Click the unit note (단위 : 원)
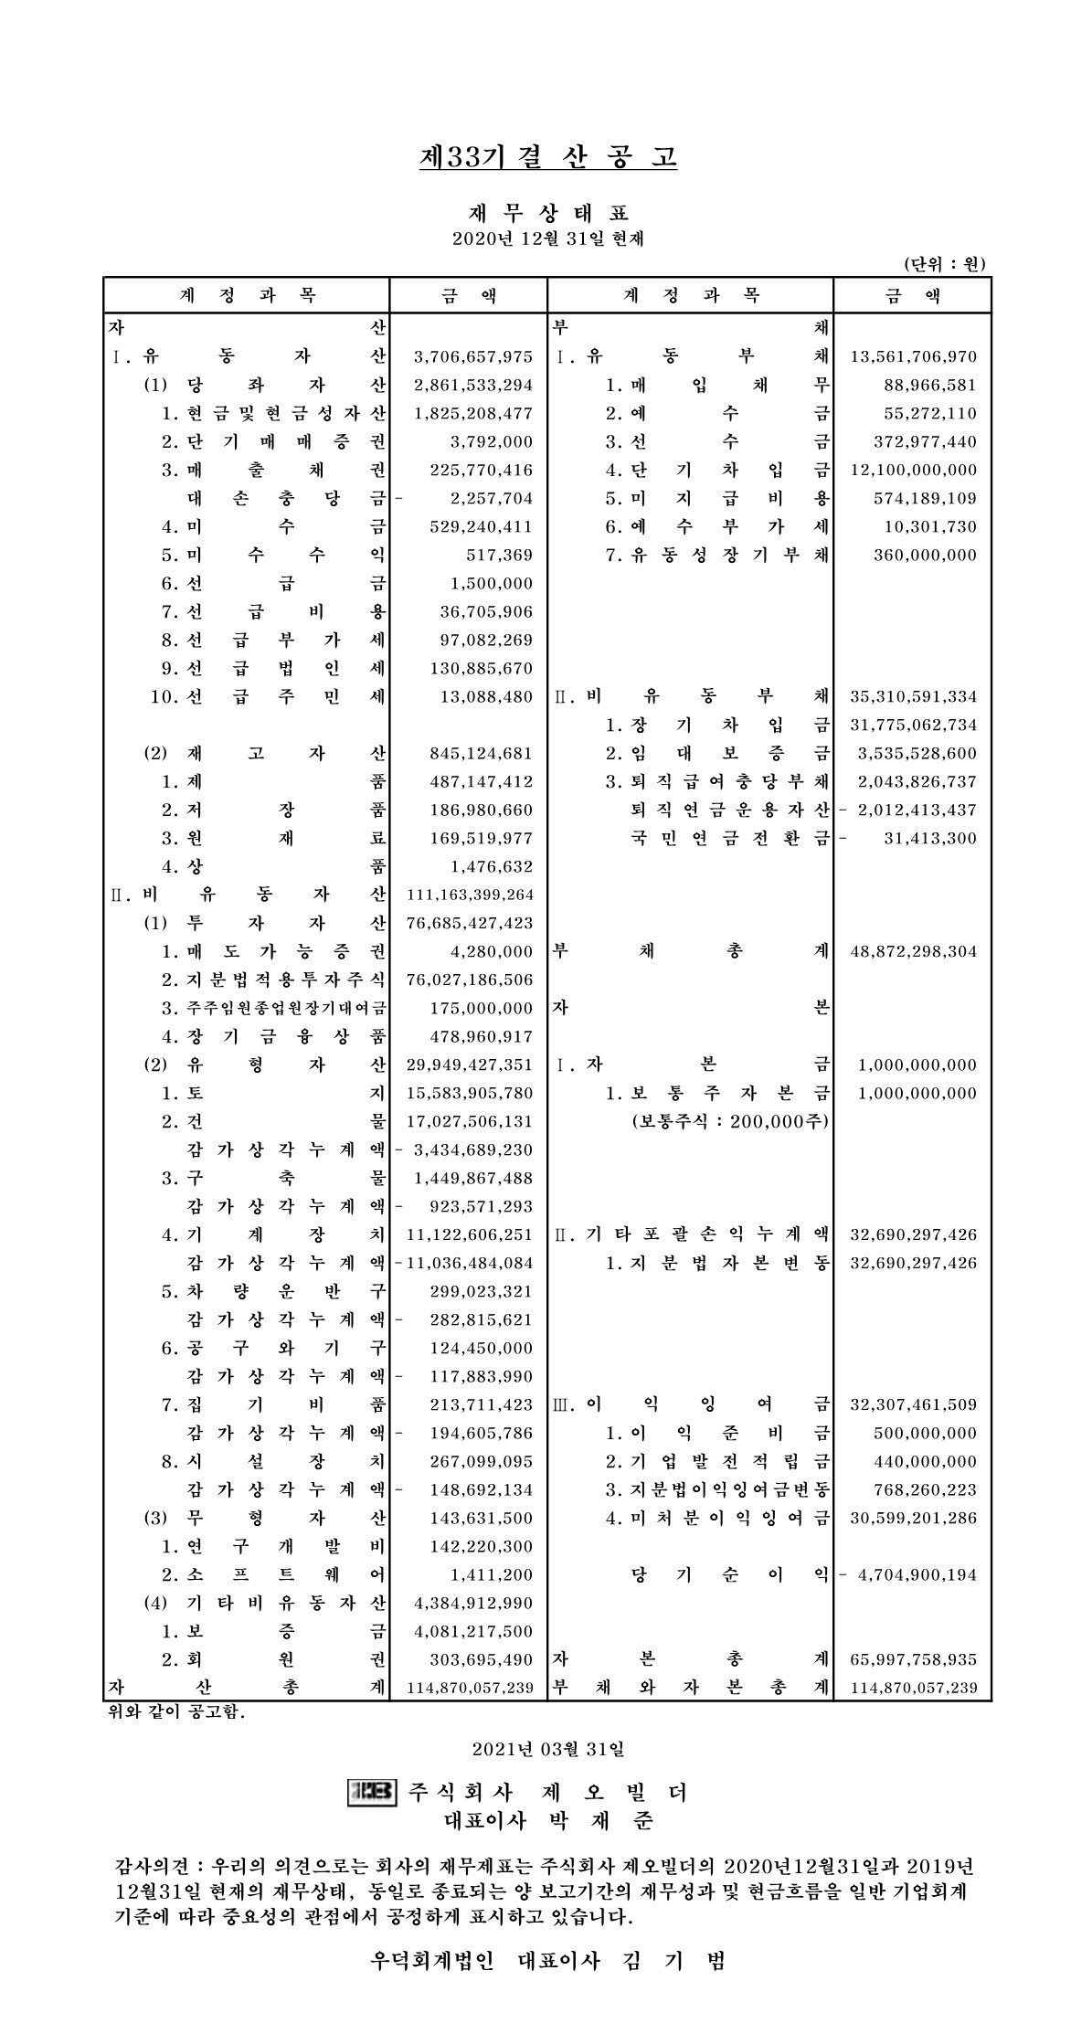pos(944,265)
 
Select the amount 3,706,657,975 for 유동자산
pos(472,357)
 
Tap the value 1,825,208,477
pos(472,414)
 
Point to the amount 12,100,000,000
pos(913,471)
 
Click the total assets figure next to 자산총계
pos(470,1688)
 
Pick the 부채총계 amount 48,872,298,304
pos(913,951)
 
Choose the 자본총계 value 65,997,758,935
pos(913,1659)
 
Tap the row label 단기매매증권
pos(273,442)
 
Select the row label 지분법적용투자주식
pos(273,980)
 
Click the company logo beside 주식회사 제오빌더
pos(373,1792)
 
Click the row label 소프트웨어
pos(273,1574)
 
